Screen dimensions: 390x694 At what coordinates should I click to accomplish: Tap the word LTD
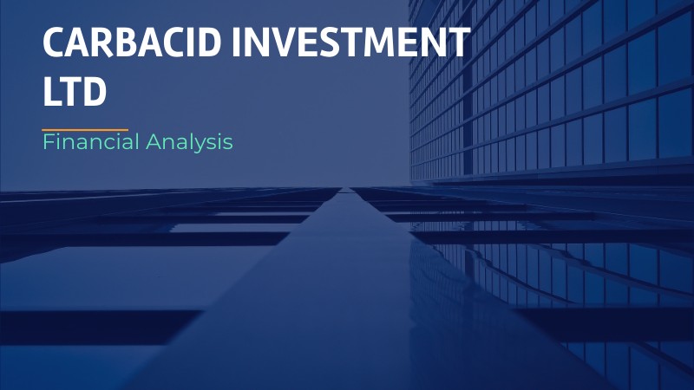[75, 91]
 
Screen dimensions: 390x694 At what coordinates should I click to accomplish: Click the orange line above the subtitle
[85, 129]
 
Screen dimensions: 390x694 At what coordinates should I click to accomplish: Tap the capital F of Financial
[48, 142]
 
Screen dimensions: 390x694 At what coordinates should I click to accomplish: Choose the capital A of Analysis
[152, 142]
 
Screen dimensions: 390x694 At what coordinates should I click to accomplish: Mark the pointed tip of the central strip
[347, 188]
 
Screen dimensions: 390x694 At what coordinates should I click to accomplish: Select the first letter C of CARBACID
[55, 43]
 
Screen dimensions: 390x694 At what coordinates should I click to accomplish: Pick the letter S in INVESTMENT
[370, 43]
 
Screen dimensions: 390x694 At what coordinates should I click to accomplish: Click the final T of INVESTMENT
[459, 43]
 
